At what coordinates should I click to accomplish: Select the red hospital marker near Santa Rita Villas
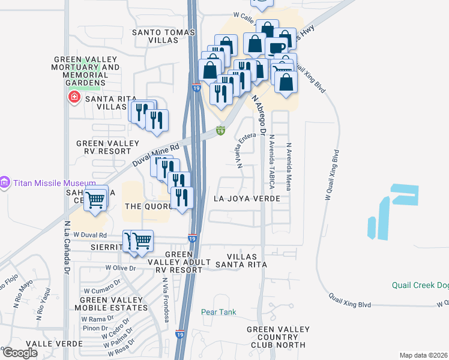74,97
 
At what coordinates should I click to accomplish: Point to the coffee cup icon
276,47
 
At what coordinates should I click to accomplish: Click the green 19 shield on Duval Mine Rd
221,130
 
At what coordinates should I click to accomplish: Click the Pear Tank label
218,312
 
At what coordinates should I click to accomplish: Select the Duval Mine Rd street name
156,155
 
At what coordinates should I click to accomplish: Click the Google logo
20,353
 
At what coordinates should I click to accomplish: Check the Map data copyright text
424,355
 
